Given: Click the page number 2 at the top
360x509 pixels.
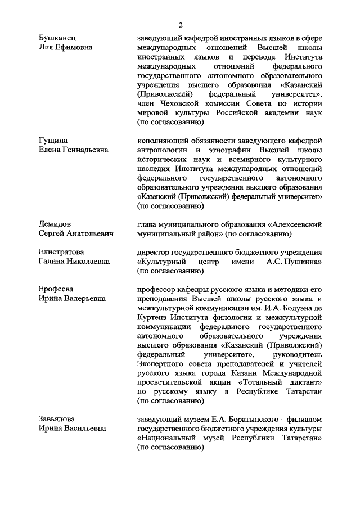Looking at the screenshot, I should click(x=181, y=25).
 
